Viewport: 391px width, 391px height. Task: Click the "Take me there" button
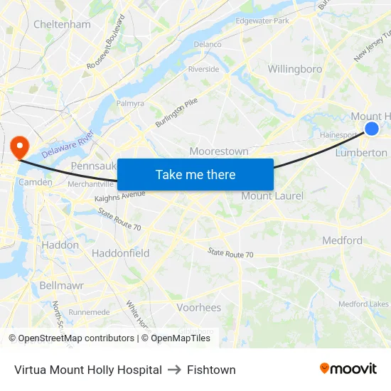(195, 174)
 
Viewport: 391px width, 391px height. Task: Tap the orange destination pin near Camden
(18, 146)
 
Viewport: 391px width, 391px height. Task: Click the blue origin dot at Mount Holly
(371, 128)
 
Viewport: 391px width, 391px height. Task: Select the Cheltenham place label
(62, 24)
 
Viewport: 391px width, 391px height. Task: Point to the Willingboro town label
(294, 69)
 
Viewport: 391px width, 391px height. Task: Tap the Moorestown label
(219, 151)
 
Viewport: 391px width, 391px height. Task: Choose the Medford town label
(342, 240)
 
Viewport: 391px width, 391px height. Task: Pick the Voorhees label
(198, 308)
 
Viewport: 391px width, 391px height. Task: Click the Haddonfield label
(120, 253)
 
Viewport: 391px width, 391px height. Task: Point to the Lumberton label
(361, 152)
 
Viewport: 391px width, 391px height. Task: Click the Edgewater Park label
(262, 21)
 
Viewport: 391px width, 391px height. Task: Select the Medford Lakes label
(363, 304)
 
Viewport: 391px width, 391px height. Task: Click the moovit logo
(348, 368)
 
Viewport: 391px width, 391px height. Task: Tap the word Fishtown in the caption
(211, 370)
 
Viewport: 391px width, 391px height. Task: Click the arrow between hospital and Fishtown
(174, 370)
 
